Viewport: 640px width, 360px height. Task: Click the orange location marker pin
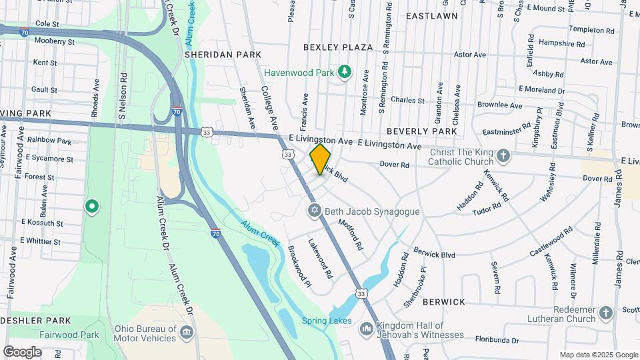click(x=321, y=159)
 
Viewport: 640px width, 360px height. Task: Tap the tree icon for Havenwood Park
click(x=345, y=71)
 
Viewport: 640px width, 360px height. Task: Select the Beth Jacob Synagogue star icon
click(x=315, y=211)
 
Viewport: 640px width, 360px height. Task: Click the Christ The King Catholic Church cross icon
click(x=503, y=157)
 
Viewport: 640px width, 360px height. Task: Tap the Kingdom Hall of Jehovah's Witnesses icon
click(x=366, y=329)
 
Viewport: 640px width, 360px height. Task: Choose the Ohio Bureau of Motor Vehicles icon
click(x=187, y=331)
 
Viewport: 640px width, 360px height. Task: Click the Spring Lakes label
click(x=327, y=321)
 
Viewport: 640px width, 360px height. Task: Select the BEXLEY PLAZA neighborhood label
click(x=337, y=47)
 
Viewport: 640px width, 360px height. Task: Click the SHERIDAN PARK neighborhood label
click(x=213, y=54)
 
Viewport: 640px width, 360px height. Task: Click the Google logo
click(x=22, y=352)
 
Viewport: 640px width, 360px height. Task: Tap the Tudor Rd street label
click(x=485, y=210)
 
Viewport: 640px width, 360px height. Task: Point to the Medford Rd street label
click(x=350, y=235)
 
